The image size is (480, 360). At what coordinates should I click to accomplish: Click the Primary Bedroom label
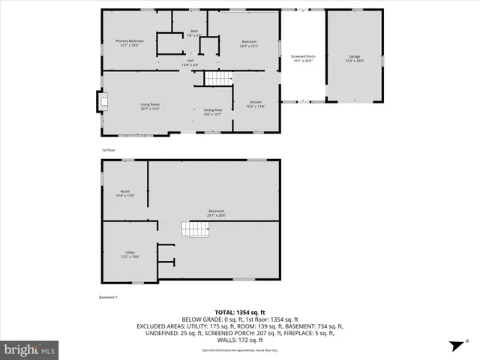coord(129,43)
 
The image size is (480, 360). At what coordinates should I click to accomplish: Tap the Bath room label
coord(193,33)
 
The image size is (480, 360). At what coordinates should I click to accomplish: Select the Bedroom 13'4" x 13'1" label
coord(249,43)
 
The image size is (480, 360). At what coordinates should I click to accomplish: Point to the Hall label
coord(190,62)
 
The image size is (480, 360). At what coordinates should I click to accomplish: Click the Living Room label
coord(150,106)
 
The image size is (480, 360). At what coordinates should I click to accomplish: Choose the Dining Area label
coord(212,112)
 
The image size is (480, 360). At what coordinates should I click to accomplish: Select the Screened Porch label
coord(304,58)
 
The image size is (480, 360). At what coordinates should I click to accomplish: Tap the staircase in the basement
coord(196,229)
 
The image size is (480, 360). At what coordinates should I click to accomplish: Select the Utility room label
coord(130,253)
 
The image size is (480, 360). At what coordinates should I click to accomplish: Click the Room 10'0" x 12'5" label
coord(125,193)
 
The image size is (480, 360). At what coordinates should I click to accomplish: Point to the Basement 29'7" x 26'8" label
coord(217,213)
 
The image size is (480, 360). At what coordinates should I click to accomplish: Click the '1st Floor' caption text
coord(109,150)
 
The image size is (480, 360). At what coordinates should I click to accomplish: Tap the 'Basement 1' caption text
coord(109,298)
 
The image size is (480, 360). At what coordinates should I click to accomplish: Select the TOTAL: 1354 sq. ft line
coord(239,312)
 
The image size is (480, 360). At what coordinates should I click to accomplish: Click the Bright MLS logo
coord(30,349)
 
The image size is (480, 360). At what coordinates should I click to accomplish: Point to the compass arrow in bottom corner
coord(454,345)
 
